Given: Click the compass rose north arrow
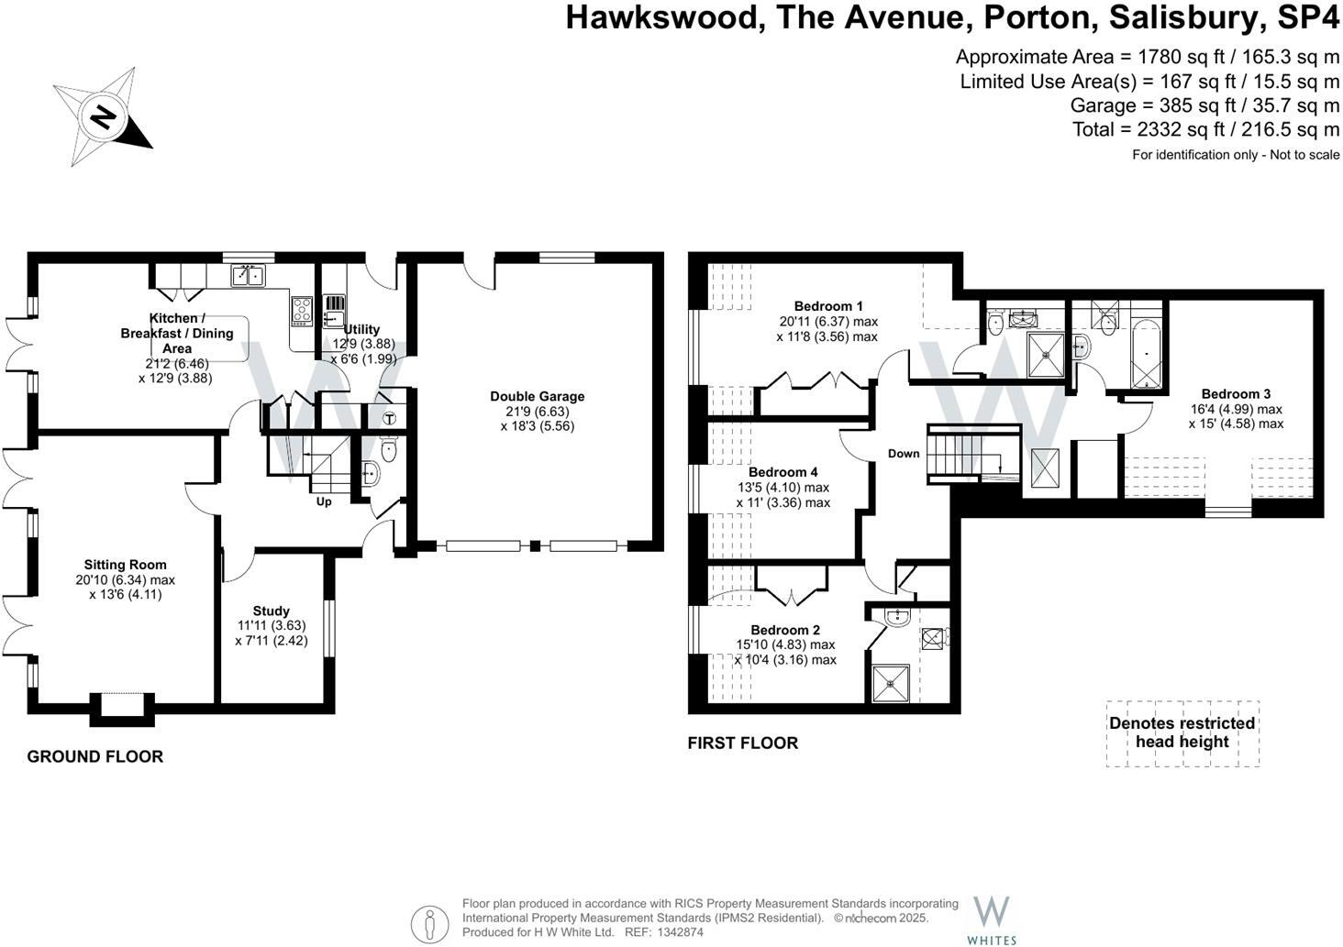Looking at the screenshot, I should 103,117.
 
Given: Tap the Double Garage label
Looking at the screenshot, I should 537,396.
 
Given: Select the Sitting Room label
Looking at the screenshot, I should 125,565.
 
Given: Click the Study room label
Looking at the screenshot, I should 271,611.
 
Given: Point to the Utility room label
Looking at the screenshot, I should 363,329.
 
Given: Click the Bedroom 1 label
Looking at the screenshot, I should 828,306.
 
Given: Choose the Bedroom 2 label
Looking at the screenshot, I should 785,630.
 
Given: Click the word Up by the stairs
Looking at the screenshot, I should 324,501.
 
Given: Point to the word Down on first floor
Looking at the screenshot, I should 904,454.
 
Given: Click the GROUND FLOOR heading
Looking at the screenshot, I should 95,756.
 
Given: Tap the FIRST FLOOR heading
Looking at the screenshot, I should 742,743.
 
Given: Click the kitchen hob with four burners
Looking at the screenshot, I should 302,311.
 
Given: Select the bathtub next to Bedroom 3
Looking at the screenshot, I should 1148,354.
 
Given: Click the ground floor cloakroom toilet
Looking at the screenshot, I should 388,450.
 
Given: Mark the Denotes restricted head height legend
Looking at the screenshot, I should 1182,732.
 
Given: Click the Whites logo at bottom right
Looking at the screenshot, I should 992,919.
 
